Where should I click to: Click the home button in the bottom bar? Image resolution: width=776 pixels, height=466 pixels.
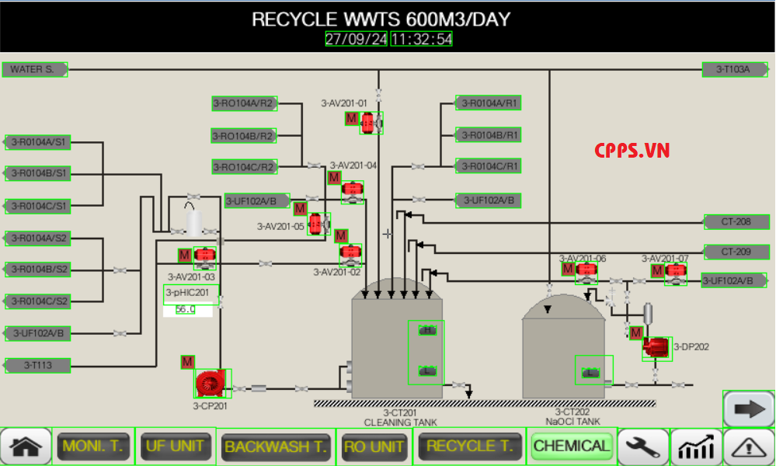point(26,447)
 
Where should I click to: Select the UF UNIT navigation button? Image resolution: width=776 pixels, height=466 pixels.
point(176,447)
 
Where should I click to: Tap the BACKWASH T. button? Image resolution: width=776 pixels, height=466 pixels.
point(276,447)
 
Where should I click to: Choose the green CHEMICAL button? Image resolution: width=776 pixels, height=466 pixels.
point(572,447)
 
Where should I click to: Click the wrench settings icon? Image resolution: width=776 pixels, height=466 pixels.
point(643,447)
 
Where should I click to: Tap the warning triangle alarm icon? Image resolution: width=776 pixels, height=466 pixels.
point(749,447)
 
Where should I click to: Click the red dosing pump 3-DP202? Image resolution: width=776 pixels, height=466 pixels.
point(657,347)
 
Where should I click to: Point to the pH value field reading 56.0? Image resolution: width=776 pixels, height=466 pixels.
point(186,309)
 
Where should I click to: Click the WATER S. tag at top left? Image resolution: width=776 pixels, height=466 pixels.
point(35,70)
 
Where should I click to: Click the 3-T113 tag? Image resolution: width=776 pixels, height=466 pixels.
point(38,364)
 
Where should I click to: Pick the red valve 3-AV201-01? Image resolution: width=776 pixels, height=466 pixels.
point(371,122)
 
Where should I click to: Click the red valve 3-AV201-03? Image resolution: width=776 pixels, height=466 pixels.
point(204,257)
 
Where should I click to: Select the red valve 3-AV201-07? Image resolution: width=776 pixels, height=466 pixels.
point(676,272)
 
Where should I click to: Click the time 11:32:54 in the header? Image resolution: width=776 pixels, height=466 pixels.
point(421,40)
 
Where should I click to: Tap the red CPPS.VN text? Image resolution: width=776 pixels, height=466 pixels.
point(632,151)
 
